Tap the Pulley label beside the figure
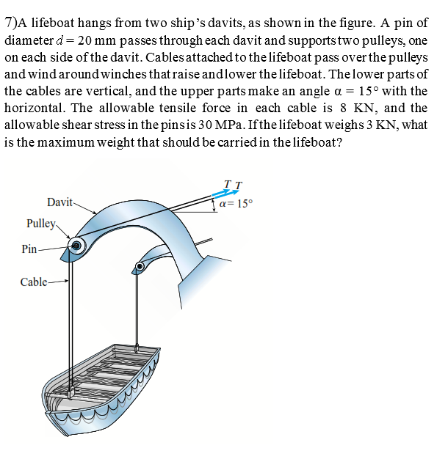pos(40,223)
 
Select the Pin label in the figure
pos(30,249)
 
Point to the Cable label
pos(34,282)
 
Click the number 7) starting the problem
pos(11,23)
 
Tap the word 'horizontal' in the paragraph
pos(34,108)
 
